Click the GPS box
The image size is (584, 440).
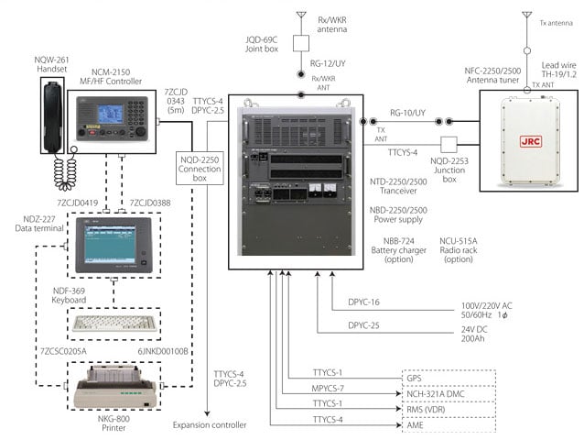point(449,377)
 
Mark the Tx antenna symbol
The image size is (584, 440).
point(525,17)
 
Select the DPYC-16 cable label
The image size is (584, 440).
point(364,302)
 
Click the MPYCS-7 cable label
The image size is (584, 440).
point(327,389)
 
